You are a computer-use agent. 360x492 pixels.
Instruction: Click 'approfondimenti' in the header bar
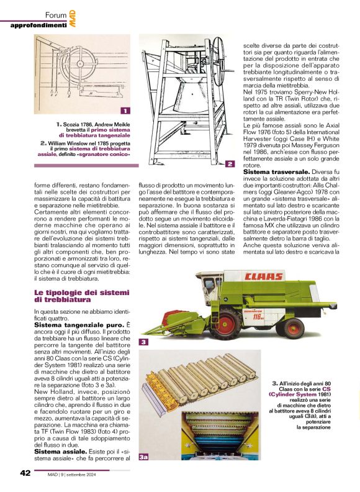click(39, 25)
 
